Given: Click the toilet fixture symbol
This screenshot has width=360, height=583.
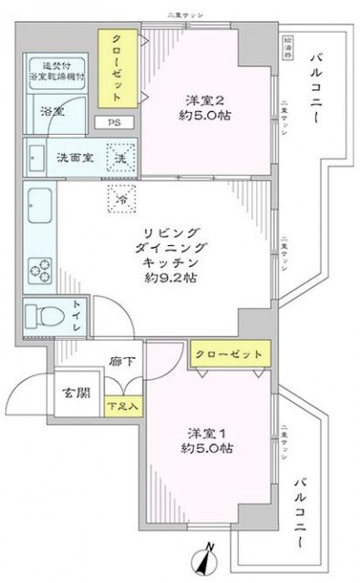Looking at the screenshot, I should (x=46, y=314).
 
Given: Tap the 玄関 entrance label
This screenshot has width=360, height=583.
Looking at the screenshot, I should (x=77, y=394).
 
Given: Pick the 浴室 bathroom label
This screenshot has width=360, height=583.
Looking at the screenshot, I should (x=52, y=111).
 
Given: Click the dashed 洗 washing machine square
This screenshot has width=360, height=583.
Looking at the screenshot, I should (x=120, y=157).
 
